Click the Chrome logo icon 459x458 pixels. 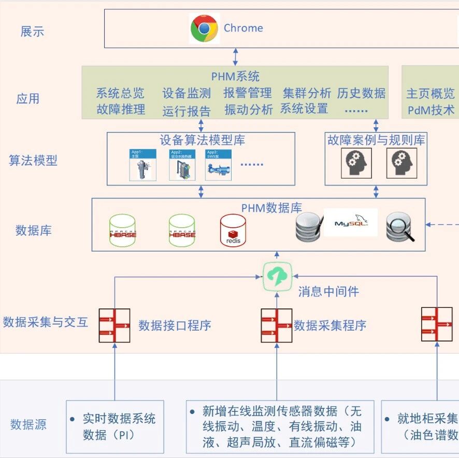pyautogui.click(x=204, y=28)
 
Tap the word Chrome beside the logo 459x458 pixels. pyautogui.click(x=243, y=28)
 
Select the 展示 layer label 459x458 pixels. pyautogui.click(x=32, y=31)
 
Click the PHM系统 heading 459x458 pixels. pyautogui.click(x=235, y=77)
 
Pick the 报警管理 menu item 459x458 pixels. pyautogui.click(x=248, y=93)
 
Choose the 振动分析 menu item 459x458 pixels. pyautogui.click(x=248, y=109)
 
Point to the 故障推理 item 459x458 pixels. pyautogui.click(x=120, y=109)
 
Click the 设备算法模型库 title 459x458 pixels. pyautogui.click(x=202, y=140)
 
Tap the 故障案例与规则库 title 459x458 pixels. pyautogui.click(x=376, y=140)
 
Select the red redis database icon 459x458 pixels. pyautogui.click(x=233, y=230)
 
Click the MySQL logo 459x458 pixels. pyautogui.click(x=351, y=223)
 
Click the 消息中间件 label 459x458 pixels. pyautogui.click(x=328, y=292)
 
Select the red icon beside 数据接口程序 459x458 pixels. pyautogui.click(x=114, y=326)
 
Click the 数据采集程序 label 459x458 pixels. pyautogui.click(x=330, y=326)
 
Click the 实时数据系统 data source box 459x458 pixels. pyautogui.click(x=115, y=426)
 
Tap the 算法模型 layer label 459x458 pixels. pyautogui.click(x=33, y=160)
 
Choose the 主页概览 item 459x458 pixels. pyautogui.click(x=430, y=94)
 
